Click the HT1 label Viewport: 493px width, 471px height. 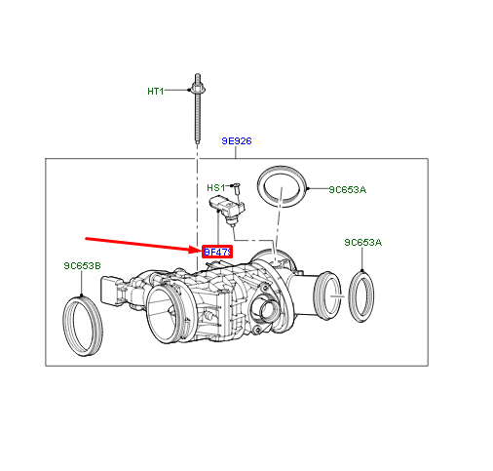pyautogui.click(x=156, y=92)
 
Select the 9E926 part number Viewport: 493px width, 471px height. pyautogui.click(x=236, y=141)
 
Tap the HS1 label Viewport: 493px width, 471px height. pyautogui.click(x=215, y=187)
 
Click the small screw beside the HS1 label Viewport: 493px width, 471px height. pyautogui.click(x=236, y=186)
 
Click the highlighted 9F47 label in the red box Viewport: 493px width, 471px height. pyautogui.click(x=216, y=252)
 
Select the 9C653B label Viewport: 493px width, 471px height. pyautogui.click(x=82, y=264)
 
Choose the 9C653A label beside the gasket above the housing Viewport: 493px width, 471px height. pyautogui.click(x=346, y=189)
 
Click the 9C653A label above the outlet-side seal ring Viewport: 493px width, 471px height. pyautogui.click(x=362, y=242)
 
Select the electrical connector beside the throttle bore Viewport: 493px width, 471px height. pyautogui.click(x=113, y=292)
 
